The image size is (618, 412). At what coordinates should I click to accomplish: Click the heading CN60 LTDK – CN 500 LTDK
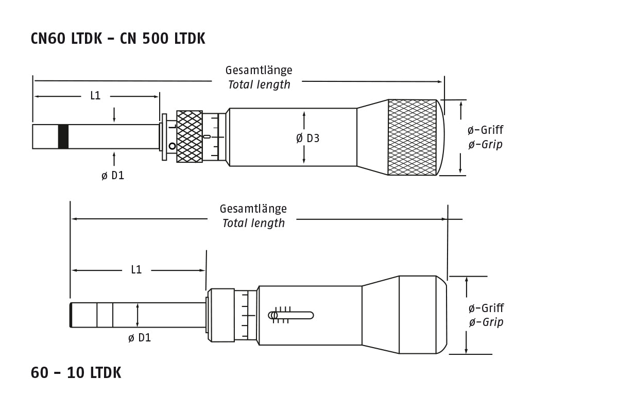click(118, 39)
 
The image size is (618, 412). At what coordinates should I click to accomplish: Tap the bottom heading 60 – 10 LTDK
click(76, 372)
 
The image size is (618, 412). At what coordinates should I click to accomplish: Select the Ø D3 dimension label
click(307, 138)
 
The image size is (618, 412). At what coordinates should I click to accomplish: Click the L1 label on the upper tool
click(95, 95)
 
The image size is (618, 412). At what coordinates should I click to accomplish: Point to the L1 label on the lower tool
click(136, 269)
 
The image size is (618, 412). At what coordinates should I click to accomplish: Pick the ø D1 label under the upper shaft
click(113, 176)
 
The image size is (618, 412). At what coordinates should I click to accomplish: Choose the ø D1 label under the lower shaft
click(139, 338)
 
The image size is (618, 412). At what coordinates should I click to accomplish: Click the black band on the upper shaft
click(63, 136)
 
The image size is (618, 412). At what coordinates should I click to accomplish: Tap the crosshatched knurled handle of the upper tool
click(412, 137)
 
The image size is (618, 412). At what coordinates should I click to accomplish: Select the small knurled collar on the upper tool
click(190, 136)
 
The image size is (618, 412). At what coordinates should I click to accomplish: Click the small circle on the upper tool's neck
click(172, 146)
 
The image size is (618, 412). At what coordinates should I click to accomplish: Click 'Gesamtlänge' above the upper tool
click(259, 70)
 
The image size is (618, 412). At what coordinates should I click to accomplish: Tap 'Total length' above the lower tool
click(253, 223)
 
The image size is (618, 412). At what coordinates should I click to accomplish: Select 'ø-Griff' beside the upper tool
click(486, 130)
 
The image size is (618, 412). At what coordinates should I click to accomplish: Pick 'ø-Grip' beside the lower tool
click(486, 322)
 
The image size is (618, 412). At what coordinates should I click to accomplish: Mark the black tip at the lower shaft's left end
click(71, 315)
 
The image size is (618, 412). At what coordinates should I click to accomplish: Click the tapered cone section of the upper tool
click(372, 137)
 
